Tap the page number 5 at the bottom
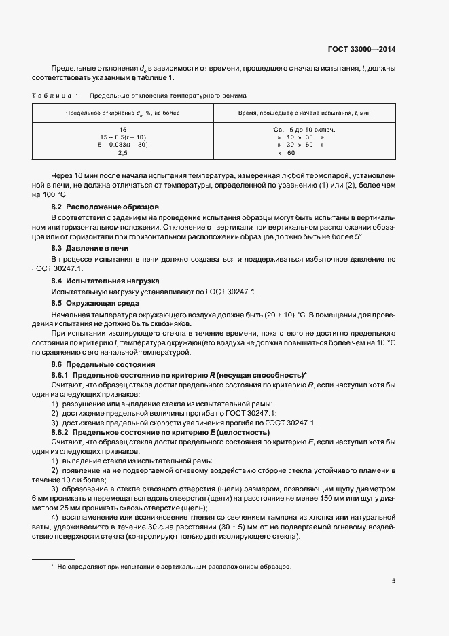(x=394, y=580)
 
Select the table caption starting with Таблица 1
(x=140, y=96)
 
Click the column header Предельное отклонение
(x=123, y=112)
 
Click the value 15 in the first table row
(x=123, y=129)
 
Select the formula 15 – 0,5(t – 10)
(x=123, y=137)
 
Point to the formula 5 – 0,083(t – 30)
(x=123, y=145)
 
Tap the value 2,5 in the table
(x=123, y=153)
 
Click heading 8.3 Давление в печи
(x=90, y=249)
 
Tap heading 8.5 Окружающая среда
(x=96, y=302)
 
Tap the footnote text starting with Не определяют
(x=174, y=566)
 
